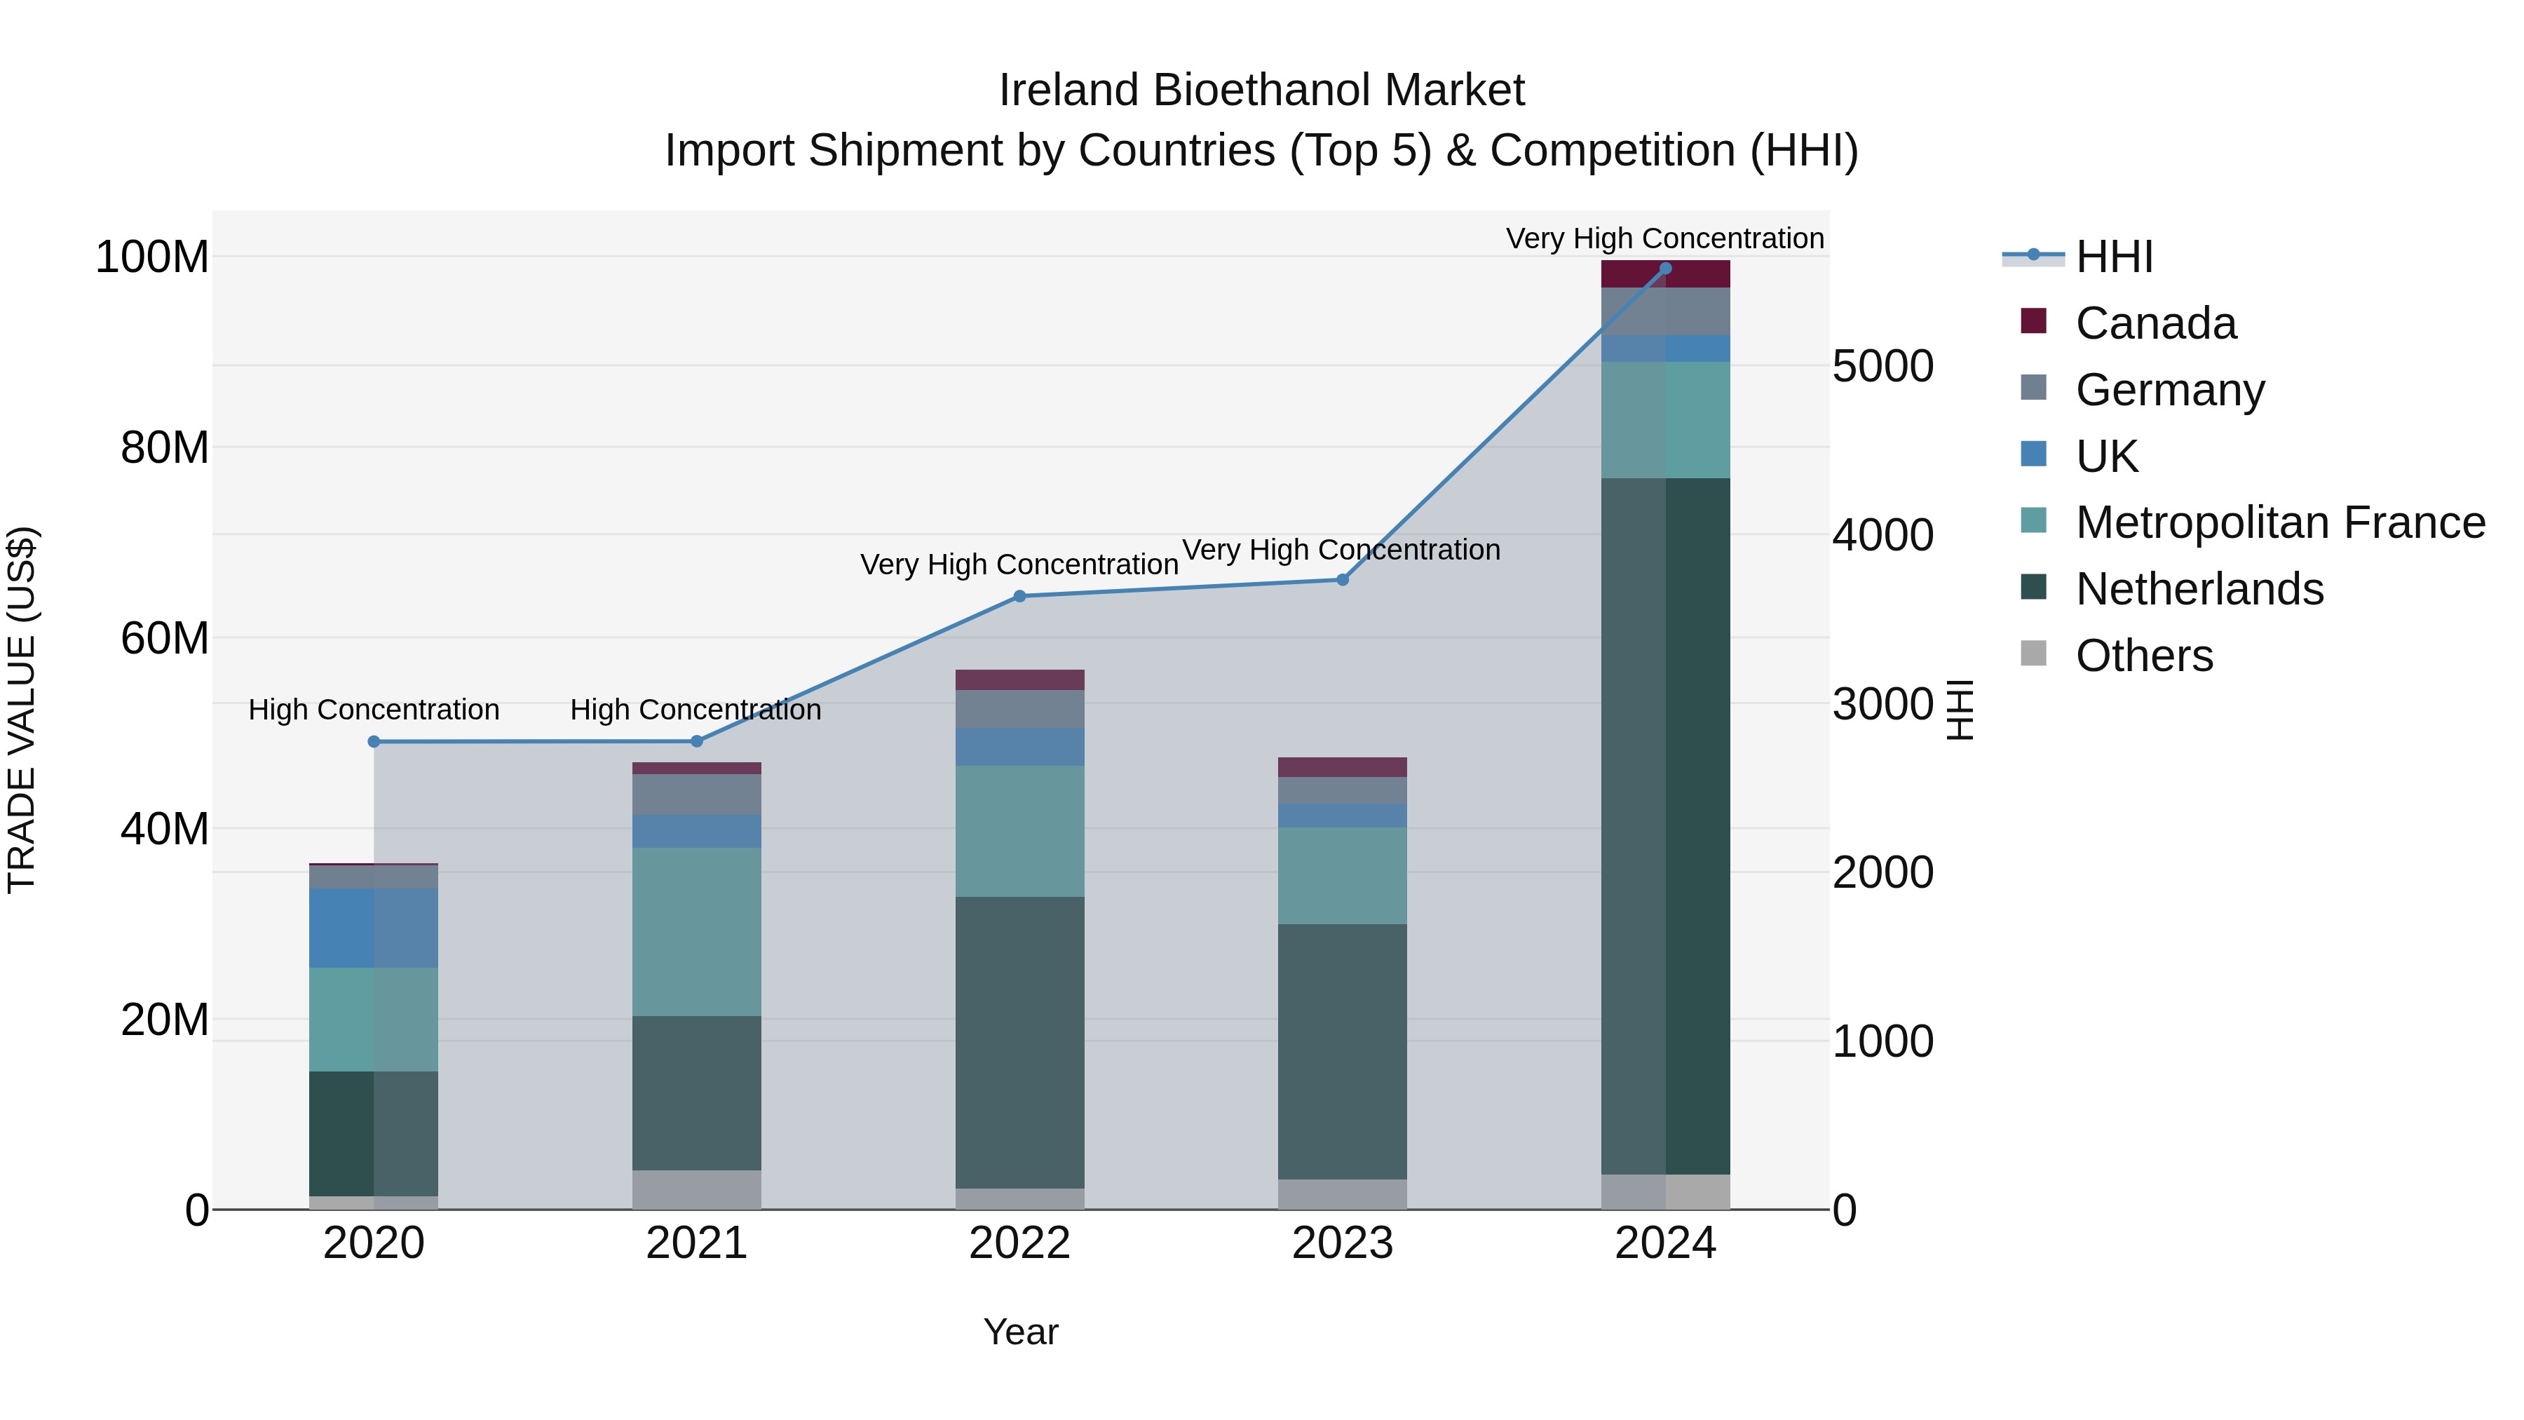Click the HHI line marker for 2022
click(x=1019, y=596)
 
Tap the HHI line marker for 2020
click(x=373, y=742)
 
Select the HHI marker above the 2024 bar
click(x=1664, y=269)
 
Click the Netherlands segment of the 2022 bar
click(x=1019, y=1042)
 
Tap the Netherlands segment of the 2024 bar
click(x=1664, y=825)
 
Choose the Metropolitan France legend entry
click(x=2279, y=522)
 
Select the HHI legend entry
click(x=2113, y=257)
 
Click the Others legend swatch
click(x=2033, y=654)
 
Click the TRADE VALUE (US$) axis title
click(x=22, y=710)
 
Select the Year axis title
click(x=1020, y=1332)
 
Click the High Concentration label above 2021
click(x=696, y=710)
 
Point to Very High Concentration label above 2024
click(x=1664, y=238)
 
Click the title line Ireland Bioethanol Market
click(x=1261, y=90)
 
